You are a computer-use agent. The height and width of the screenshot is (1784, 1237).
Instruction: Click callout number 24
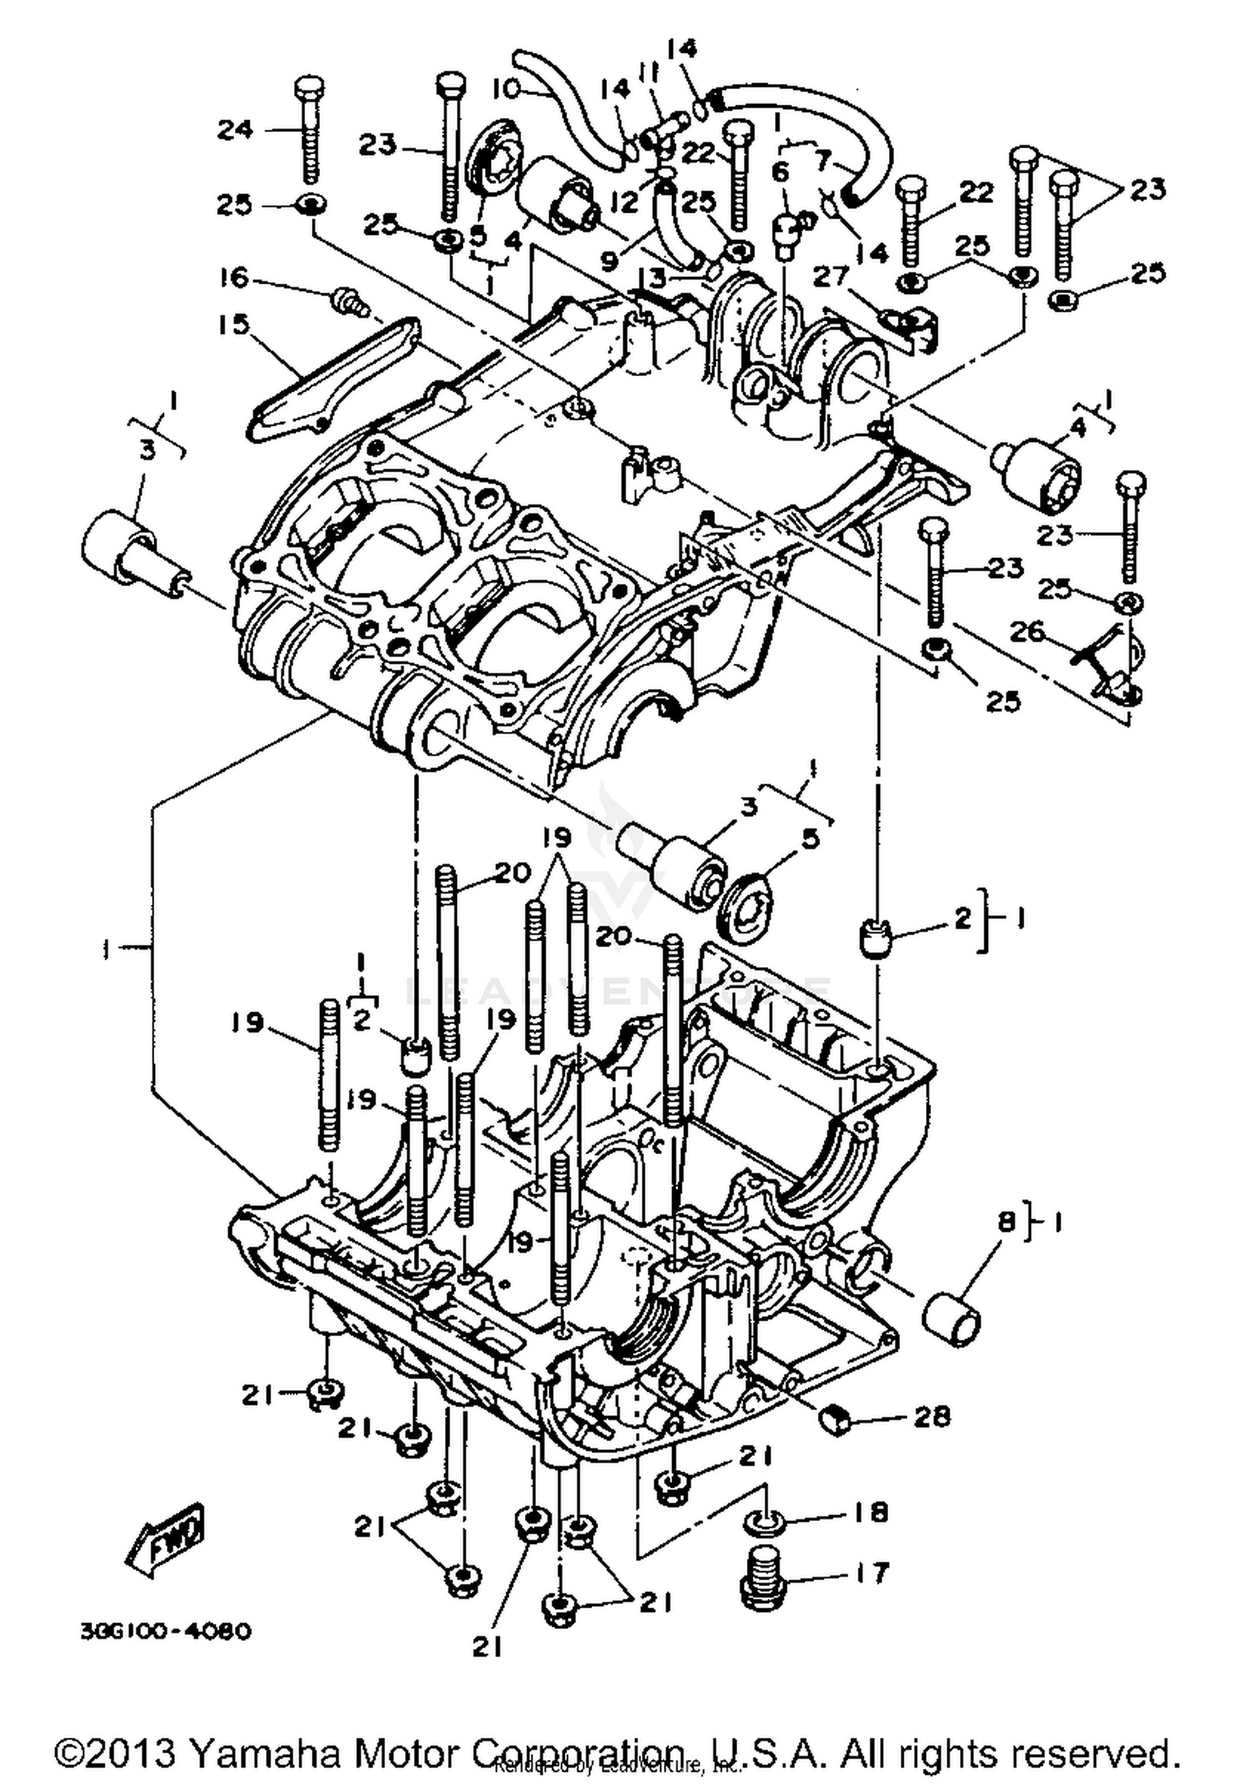point(236,129)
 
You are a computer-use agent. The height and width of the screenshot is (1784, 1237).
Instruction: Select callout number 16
point(235,277)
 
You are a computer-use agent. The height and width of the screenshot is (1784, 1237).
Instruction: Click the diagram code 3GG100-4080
point(166,1631)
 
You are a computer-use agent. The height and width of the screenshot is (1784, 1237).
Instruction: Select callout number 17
point(871,1572)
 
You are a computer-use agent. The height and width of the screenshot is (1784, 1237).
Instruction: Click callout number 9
point(609,261)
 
